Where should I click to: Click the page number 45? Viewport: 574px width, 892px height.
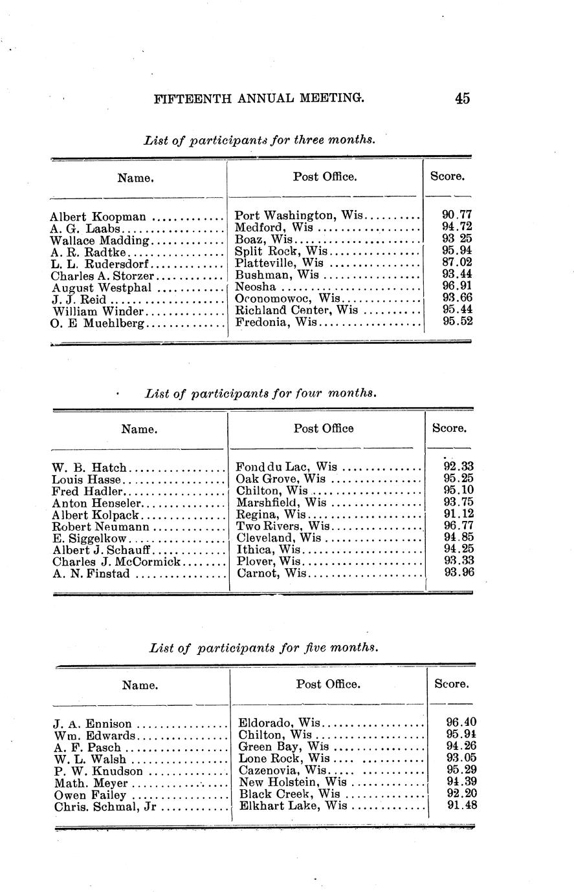462,98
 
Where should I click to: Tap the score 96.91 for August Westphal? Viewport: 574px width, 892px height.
458,286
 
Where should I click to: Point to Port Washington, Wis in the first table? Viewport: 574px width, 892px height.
299,216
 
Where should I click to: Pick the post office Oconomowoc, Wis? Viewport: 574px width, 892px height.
287,299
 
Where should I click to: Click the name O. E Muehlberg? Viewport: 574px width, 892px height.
98,323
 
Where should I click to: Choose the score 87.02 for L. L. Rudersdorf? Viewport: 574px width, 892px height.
458,262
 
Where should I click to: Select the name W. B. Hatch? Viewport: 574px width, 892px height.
91,467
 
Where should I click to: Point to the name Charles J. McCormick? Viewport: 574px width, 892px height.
116,562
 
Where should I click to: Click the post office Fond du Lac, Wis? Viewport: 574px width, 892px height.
286,467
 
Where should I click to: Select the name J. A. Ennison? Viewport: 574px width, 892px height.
94,724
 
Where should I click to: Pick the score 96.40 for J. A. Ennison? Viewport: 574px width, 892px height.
461,722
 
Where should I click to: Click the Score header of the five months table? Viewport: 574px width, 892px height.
451,684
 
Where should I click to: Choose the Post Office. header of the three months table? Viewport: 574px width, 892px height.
325,176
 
